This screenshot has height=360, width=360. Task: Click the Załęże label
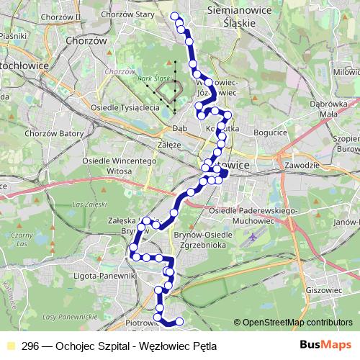tap(169, 144)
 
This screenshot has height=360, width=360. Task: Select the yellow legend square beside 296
tap(9, 346)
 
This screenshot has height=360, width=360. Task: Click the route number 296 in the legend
tap(31, 346)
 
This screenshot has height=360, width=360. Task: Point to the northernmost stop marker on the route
tap(174, 16)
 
